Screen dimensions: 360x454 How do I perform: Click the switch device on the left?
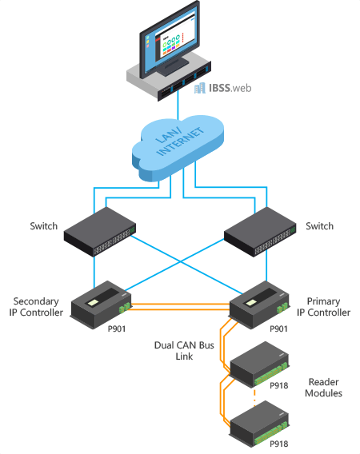(x=100, y=232)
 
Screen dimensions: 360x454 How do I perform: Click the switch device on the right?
(x=260, y=232)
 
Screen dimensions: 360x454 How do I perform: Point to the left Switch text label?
(x=44, y=226)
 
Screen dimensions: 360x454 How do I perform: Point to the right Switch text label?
(x=319, y=226)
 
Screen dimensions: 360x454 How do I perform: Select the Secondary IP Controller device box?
(x=101, y=305)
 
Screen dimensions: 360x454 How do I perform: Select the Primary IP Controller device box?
(x=259, y=305)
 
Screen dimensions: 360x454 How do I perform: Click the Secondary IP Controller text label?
(x=36, y=307)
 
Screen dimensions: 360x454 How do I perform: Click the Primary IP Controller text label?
(x=323, y=307)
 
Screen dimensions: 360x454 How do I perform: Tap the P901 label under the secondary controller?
(x=117, y=329)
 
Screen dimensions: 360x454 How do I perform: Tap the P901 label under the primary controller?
(x=278, y=329)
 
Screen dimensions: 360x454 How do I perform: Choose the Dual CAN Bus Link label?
(x=184, y=351)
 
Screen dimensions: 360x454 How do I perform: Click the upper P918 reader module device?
(x=259, y=364)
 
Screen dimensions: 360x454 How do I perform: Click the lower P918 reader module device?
(x=259, y=424)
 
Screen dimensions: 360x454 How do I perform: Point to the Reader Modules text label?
(x=323, y=388)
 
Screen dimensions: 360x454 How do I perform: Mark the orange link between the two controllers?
(x=180, y=307)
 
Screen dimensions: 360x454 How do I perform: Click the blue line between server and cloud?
(x=178, y=104)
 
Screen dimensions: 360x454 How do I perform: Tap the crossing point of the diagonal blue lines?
(x=181, y=262)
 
